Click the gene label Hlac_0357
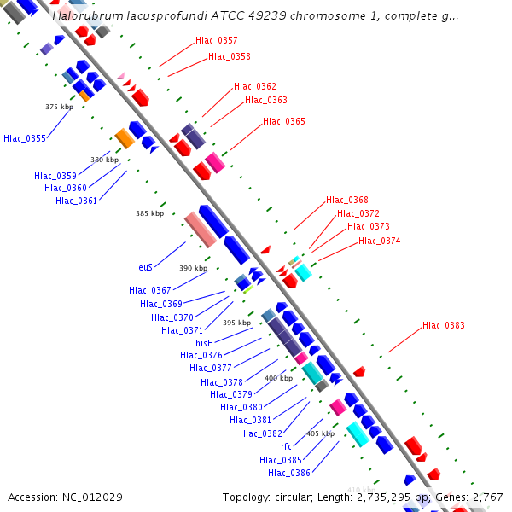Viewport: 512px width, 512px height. (216, 40)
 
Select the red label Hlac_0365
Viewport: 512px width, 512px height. (283, 121)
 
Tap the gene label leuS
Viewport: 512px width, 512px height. (144, 267)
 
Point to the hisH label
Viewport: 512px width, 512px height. (204, 343)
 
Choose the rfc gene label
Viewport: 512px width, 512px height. (286, 446)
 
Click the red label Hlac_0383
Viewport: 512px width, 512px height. (443, 325)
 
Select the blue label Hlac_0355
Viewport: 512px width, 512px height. (25, 138)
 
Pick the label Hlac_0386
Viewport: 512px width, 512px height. (288, 473)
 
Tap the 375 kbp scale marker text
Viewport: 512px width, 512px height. (59, 107)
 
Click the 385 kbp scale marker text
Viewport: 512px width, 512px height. (149, 214)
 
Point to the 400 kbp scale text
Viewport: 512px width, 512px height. (278, 378)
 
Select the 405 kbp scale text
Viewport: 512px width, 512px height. (320, 433)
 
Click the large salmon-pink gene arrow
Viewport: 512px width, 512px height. (200, 230)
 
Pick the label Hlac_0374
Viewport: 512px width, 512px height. (379, 241)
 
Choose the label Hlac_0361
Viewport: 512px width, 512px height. (76, 201)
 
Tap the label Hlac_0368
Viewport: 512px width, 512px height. (346, 200)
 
